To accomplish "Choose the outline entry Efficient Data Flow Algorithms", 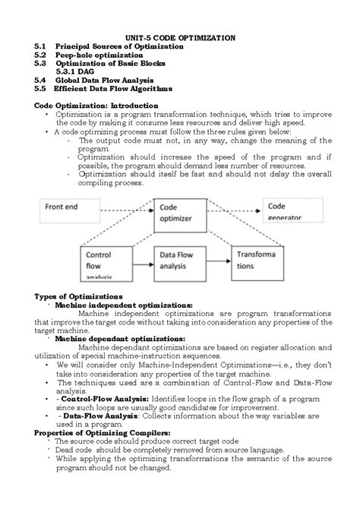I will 113,88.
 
